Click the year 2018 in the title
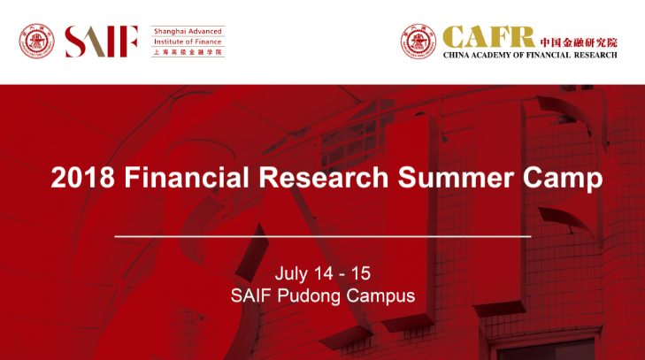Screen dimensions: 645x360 tap(82, 177)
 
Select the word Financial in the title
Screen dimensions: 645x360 tap(187, 177)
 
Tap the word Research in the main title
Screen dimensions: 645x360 tap(323, 177)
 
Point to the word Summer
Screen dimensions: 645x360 tap(456, 177)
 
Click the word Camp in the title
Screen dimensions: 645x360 tap(563, 180)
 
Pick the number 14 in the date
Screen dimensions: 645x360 tap(323, 273)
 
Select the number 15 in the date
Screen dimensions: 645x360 tap(361, 273)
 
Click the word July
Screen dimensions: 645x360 tap(291, 275)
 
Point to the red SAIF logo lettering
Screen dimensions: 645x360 tap(101, 42)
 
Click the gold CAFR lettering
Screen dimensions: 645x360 tap(488, 37)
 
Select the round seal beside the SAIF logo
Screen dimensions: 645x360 tap(36, 42)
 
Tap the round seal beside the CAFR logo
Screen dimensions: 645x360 tap(418, 42)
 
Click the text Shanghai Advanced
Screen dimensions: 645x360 tap(188, 31)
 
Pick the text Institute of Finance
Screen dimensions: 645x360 tap(188, 42)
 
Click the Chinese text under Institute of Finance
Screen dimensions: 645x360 tap(188, 52)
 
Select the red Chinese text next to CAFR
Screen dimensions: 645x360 tap(579, 42)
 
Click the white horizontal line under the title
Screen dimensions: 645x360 tap(322, 236)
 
